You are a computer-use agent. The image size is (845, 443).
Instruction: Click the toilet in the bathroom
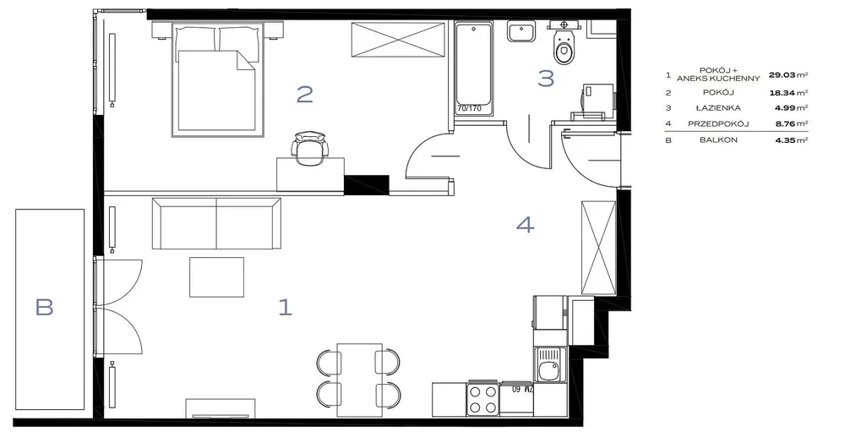click(564, 44)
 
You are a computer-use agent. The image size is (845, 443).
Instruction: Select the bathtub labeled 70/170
click(473, 68)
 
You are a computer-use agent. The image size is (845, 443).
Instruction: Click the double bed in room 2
click(218, 79)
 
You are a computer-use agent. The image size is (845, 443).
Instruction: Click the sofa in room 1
click(216, 223)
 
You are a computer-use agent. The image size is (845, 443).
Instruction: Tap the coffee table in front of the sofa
click(216, 277)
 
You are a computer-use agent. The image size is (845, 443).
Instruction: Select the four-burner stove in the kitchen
click(482, 399)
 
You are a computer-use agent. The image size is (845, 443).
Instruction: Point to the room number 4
click(526, 224)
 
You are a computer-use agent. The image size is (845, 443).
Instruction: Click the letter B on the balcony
click(44, 307)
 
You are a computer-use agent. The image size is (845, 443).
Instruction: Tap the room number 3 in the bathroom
click(546, 78)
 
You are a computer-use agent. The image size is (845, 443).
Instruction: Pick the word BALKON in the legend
click(719, 140)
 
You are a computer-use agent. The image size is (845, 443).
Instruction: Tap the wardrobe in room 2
click(398, 39)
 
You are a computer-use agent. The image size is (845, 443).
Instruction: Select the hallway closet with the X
click(599, 248)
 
